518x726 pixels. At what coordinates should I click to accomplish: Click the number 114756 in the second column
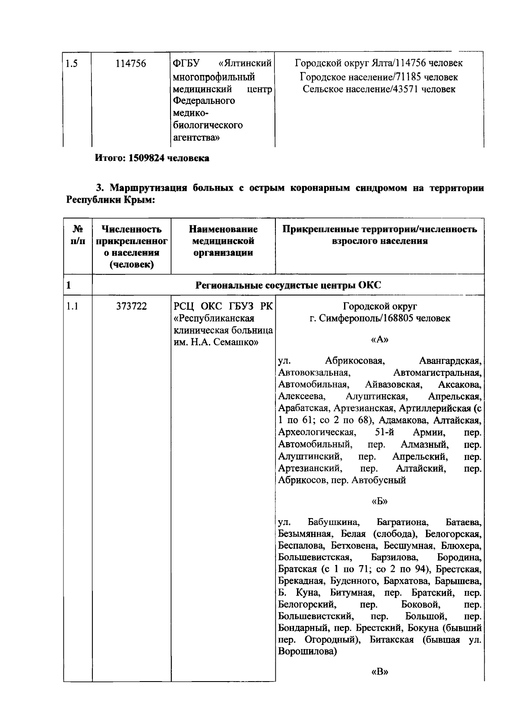(x=131, y=64)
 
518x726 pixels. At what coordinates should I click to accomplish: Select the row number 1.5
(x=72, y=64)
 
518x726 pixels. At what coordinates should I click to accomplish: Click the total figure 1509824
(x=146, y=158)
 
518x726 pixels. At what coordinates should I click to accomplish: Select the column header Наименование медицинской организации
(x=223, y=241)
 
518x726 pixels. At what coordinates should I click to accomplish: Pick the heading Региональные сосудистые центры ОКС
(x=288, y=285)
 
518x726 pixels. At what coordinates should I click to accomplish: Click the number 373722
(x=131, y=306)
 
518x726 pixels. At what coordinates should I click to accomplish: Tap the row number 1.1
(x=72, y=306)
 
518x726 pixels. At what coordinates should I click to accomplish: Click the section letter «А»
(x=379, y=339)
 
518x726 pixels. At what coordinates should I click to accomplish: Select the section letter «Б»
(x=379, y=501)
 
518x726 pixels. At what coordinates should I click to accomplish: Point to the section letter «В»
(x=379, y=672)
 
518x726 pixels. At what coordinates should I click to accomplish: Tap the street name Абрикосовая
(x=355, y=361)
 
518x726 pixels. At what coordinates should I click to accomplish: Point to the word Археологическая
(x=317, y=432)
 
